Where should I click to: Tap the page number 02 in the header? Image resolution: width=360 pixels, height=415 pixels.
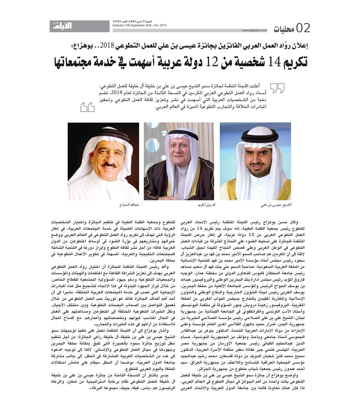tap(303, 28)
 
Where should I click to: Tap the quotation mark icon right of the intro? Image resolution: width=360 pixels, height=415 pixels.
tap(277, 88)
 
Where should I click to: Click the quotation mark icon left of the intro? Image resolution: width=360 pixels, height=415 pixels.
tap(87, 107)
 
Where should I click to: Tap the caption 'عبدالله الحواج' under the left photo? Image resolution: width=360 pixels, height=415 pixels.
tap(128, 205)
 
